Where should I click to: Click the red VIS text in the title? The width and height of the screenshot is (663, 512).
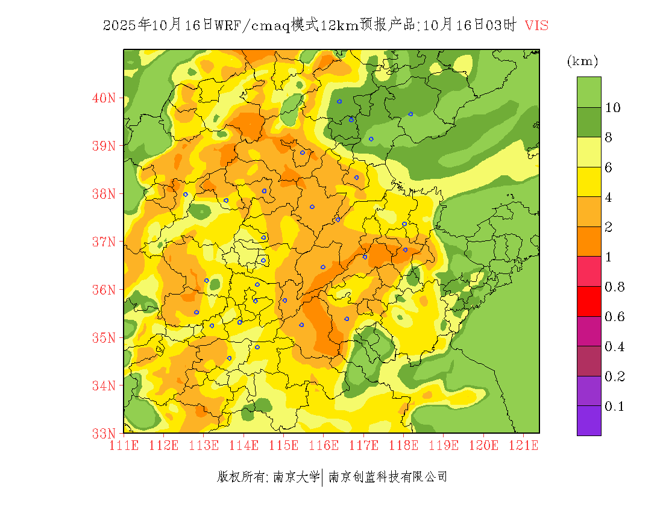(x=536, y=25)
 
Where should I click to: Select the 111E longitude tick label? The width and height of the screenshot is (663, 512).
(x=124, y=446)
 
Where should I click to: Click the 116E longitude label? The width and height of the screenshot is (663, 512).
(x=323, y=446)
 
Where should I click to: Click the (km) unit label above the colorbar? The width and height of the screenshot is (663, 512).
(x=582, y=61)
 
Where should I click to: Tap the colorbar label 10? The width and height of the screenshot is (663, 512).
(x=613, y=108)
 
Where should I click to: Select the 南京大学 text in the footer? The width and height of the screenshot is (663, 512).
(x=296, y=477)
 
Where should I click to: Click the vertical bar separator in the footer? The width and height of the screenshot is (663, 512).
(x=324, y=477)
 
